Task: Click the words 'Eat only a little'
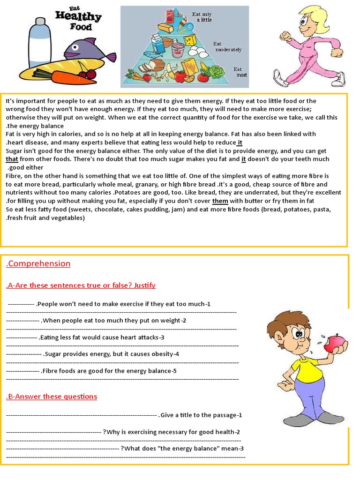click(202, 17)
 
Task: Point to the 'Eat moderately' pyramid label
click(227, 46)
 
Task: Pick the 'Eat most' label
click(240, 72)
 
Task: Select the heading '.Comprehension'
click(38, 263)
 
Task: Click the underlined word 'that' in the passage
click(12, 159)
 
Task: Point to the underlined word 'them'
click(220, 201)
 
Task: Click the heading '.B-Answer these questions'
click(52, 397)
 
